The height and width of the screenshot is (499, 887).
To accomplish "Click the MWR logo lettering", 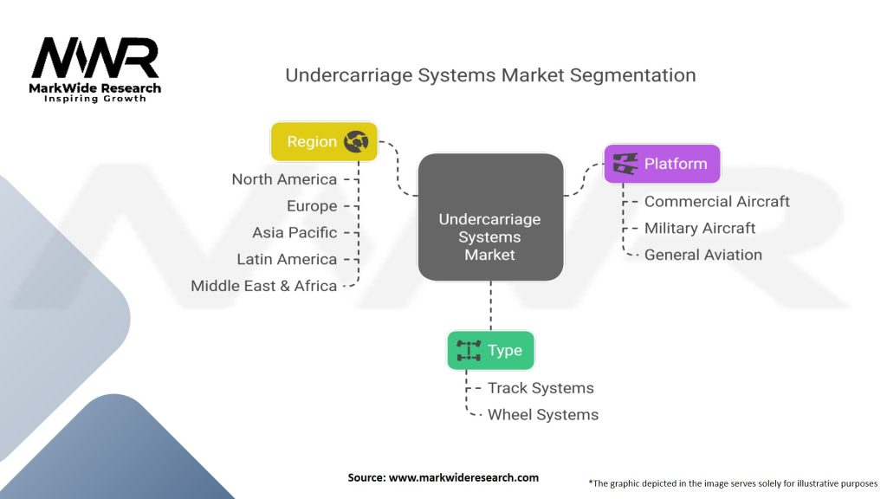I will [x=95, y=59].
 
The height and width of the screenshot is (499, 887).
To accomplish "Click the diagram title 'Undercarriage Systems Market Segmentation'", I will [x=490, y=75].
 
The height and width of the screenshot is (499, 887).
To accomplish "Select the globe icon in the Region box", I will [x=356, y=142].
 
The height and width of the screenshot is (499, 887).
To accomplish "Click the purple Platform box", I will [x=662, y=163].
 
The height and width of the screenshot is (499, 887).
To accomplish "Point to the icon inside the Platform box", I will [x=625, y=163].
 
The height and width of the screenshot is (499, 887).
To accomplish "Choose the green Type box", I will [x=490, y=350].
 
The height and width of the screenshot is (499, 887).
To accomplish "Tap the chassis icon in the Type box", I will [x=469, y=350].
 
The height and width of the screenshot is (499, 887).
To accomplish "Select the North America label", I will [x=284, y=179].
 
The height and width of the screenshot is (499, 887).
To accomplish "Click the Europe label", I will [x=312, y=206].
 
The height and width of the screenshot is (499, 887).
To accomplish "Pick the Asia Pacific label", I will [x=295, y=233].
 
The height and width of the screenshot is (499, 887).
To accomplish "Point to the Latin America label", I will [x=287, y=259].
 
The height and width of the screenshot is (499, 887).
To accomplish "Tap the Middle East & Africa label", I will [x=263, y=286].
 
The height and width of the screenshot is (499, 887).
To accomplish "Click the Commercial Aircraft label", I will [x=716, y=201].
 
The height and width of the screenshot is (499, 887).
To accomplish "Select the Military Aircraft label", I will [x=700, y=228].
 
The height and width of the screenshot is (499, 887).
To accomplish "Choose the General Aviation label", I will [x=702, y=255].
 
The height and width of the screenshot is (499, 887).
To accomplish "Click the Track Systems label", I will [x=541, y=388].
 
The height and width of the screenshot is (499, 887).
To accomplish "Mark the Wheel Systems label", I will [x=542, y=414].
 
